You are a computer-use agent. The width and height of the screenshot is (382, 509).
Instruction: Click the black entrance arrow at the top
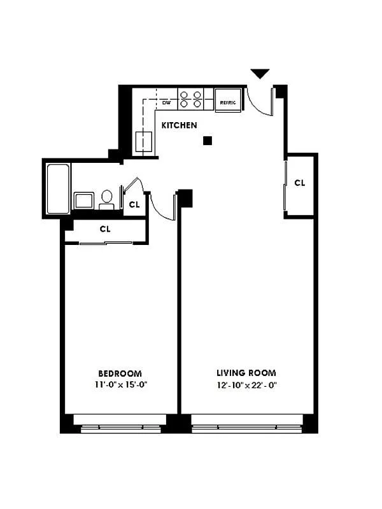(x=260, y=74)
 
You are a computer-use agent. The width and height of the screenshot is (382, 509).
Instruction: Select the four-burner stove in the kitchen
(x=190, y=99)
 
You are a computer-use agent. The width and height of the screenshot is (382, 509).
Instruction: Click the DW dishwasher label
(x=166, y=102)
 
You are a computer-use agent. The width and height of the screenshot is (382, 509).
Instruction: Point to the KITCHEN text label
(x=179, y=125)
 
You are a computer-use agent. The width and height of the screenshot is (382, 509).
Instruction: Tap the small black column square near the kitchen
(x=207, y=141)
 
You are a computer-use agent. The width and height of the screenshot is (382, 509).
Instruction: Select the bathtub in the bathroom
(x=58, y=189)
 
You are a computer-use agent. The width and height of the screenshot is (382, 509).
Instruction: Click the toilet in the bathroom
(x=107, y=199)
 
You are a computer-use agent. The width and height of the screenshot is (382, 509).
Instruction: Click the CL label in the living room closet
(x=300, y=183)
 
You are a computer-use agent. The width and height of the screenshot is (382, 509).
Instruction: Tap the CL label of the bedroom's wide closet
(x=105, y=229)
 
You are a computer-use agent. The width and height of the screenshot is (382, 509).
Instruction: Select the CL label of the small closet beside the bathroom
(x=134, y=205)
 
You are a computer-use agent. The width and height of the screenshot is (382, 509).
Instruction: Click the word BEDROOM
(x=120, y=373)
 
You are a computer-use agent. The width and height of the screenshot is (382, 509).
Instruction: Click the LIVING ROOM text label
(x=246, y=373)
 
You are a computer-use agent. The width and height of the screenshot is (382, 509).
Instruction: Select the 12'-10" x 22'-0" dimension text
(x=246, y=385)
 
